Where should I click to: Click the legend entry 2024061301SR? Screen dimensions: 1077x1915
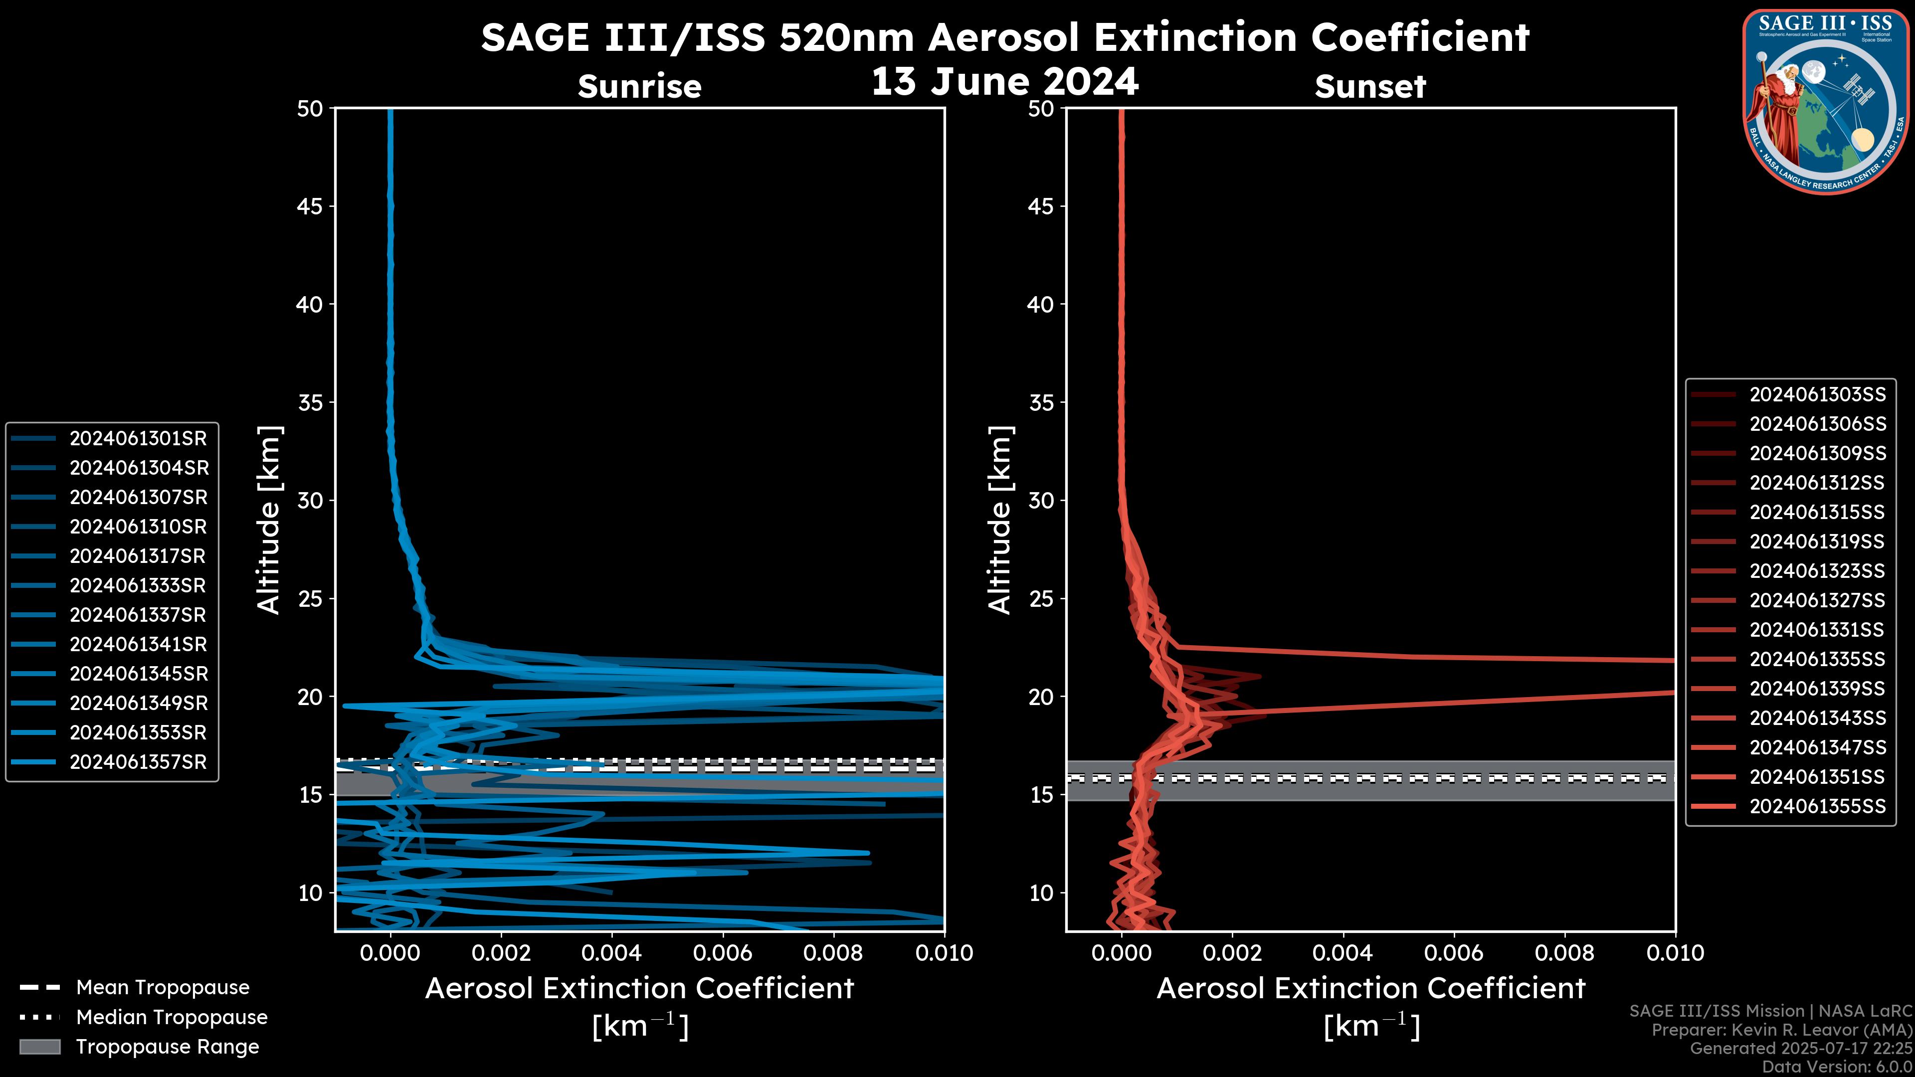138,439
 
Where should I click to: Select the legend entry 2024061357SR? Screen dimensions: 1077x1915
138,762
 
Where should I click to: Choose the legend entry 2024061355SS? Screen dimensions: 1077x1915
1817,806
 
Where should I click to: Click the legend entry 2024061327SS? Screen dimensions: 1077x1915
1817,600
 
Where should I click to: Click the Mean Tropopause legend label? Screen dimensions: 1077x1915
163,988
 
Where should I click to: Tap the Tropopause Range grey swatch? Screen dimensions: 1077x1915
39,1047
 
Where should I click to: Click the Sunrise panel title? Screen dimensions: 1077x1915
639,87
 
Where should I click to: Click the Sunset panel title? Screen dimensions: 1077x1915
1370,87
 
